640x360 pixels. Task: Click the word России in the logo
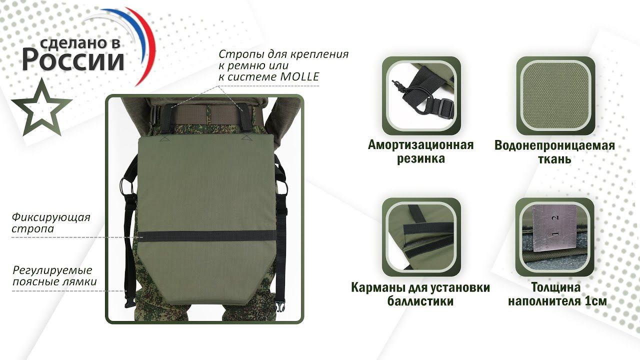pos(73,59)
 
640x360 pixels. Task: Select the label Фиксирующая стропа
pos(51,223)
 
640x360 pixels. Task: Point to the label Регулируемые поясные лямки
pos(54,275)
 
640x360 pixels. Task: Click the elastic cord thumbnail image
pos(421,95)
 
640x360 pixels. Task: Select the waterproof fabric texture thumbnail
pos(555,95)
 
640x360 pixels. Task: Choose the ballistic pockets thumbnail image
pos(421,237)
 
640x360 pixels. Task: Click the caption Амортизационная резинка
pos(421,151)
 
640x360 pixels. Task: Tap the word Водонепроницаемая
pos(554,145)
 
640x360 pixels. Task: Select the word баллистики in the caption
pos(420,301)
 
